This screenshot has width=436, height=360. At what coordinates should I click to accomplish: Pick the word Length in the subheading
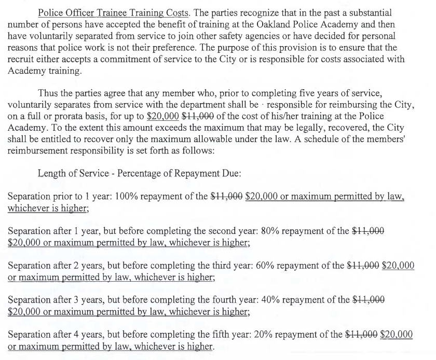[52, 173]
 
